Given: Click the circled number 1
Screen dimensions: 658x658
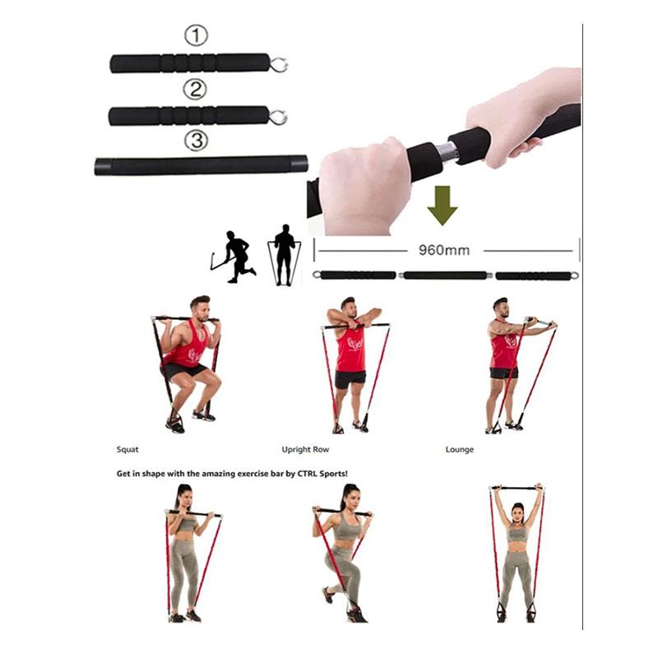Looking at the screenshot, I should click(195, 35).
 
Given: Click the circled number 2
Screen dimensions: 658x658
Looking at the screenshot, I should click(195, 89).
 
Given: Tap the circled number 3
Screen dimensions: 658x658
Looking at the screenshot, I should click(195, 141).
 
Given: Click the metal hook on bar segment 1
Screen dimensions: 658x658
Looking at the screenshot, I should click(279, 63).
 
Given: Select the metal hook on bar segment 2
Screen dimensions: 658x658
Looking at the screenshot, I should click(278, 117).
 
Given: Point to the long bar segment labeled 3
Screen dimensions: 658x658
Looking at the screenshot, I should click(201, 165).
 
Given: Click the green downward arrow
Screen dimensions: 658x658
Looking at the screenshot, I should click(443, 205).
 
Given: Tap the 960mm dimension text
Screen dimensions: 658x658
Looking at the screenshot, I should click(445, 250).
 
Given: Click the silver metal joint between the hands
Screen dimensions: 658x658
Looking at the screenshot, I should click(446, 151).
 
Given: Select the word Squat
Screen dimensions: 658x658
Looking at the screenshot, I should click(127, 449).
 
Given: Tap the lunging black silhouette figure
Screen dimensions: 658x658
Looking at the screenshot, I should click(235, 257).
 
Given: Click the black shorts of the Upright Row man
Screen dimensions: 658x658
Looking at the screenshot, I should click(351, 379).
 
